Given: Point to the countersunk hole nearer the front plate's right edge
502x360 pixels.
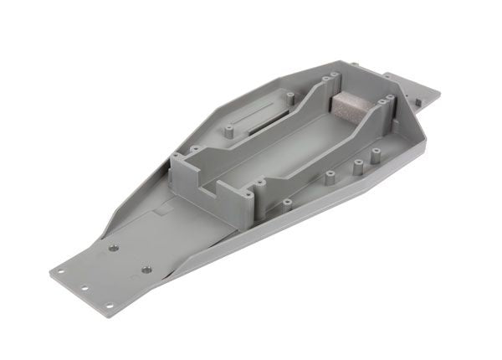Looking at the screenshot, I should tap(146, 268).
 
